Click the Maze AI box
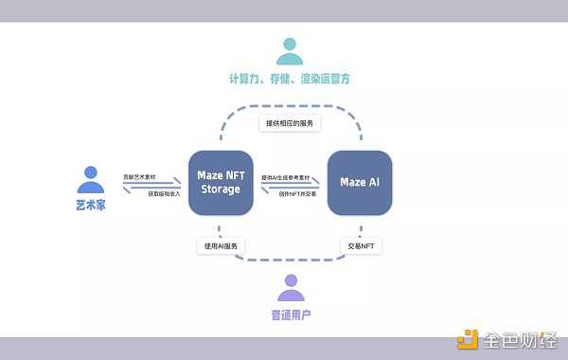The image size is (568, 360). point(360,181)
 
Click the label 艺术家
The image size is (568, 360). point(91,204)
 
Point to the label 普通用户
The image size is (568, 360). point(291,313)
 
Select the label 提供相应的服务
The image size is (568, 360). point(289,123)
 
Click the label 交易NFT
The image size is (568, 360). point(360,245)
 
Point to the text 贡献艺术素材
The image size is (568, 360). point(141,177)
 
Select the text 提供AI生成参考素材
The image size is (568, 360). point(288,177)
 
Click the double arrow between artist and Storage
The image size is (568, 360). point(151,186)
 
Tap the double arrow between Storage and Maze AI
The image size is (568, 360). point(289,186)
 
